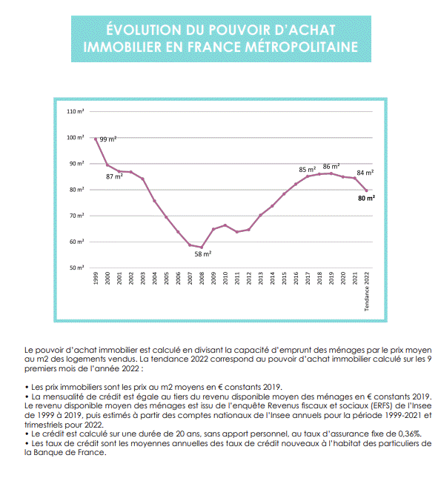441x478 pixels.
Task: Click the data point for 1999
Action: [x=96, y=139]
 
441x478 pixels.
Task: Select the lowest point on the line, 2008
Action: [x=202, y=248]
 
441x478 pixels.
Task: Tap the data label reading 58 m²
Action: [x=203, y=254]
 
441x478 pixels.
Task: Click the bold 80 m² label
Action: [x=366, y=198]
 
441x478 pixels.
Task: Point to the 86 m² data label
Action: [x=331, y=167]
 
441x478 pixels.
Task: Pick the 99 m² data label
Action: [x=108, y=139]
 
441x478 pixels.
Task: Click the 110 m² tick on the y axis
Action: [x=76, y=112]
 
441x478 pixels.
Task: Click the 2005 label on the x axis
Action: [x=166, y=279]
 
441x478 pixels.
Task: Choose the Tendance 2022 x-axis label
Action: [x=367, y=291]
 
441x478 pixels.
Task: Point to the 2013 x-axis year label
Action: [x=260, y=279]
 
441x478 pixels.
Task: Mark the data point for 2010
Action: [x=225, y=225]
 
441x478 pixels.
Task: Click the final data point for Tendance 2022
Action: [x=366, y=190]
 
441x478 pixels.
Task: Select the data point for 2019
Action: [x=331, y=173]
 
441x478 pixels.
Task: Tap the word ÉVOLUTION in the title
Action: [x=144, y=30]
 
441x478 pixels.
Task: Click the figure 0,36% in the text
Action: [x=410, y=434]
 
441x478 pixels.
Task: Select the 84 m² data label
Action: [x=365, y=173]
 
